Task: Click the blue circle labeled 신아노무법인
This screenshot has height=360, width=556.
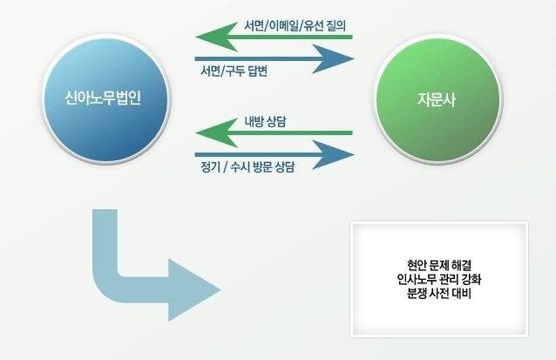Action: [106, 99]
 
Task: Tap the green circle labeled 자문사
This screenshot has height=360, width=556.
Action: [438, 99]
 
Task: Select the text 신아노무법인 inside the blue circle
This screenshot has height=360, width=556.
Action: [103, 98]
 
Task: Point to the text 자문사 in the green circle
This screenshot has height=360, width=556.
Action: [436, 99]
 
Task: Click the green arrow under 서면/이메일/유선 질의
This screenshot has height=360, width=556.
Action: [274, 37]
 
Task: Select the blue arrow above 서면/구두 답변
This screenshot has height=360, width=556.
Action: [275, 59]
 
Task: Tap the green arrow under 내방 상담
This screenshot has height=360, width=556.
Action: [274, 133]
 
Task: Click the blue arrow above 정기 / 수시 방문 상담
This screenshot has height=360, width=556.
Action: [275, 154]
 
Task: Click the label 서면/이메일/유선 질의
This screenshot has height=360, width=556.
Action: [295, 25]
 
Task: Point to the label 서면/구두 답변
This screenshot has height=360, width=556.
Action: [234, 71]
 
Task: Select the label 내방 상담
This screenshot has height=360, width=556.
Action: [265, 122]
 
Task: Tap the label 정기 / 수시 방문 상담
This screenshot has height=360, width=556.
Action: [247, 166]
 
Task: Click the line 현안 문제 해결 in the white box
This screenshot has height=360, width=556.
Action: [439, 265]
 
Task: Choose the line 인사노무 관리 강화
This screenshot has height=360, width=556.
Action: [439, 280]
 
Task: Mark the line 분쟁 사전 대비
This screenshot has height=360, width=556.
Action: [439, 294]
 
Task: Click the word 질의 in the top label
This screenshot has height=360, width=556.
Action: [336, 25]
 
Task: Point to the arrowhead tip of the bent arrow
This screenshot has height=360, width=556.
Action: [220, 289]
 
